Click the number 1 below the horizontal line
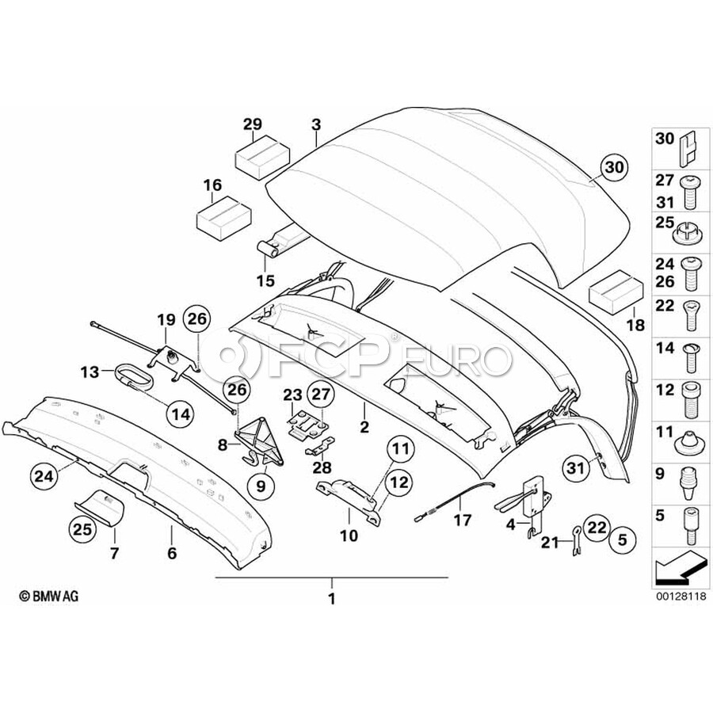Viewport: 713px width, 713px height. (x=331, y=599)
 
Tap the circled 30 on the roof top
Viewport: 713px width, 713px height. (x=614, y=167)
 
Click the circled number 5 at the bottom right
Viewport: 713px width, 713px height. (x=622, y=540)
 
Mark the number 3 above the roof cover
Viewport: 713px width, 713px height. (x=316, y=124)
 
